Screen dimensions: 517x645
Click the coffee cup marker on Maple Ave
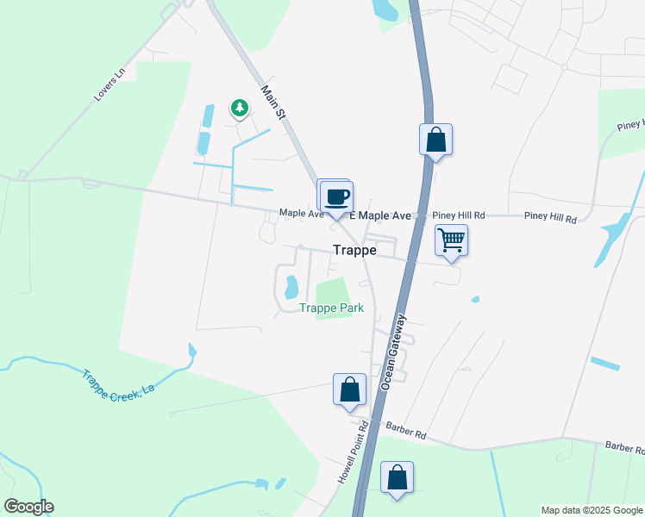[337, 196]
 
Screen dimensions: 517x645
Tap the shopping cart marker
[451, 240]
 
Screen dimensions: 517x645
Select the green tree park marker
[239, 108]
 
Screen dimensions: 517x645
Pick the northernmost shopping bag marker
[436, 139]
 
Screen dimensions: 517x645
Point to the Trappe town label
[354, 250]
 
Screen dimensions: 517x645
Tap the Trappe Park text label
[331, 308]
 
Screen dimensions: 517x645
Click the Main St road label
[273, 102]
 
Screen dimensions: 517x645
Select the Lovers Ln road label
[110, 84]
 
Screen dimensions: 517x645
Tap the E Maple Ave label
[379, 215]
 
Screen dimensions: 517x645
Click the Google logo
[28, 507]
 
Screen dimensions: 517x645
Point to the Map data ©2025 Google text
[592, 510]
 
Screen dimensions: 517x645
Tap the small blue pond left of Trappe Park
[291, 285]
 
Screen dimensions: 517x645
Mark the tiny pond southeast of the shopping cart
[475, 300]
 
